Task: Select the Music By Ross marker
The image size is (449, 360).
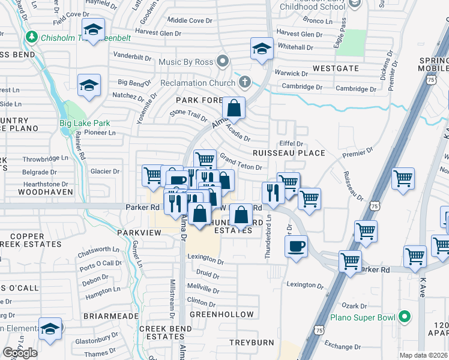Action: pyautogui.click(x=223, y=61)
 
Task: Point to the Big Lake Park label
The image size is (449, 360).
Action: pyautogui.click(x=85, y=123)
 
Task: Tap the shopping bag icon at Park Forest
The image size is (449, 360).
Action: pyautogui.click(x=234, y=109)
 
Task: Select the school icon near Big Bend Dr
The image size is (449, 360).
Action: pyautogui.click(x=89, y=85)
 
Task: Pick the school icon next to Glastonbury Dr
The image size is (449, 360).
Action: pyautogui.click(x=50, y=329)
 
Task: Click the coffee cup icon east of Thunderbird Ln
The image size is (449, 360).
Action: pyautogui.click(x=295, y=245)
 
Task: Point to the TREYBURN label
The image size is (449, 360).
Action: pyautogui.click(x=252, y=343)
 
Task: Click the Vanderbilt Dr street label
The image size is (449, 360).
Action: pyautogui.click(x=131, y=56)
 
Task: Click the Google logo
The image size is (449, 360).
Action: pyautogui.click(x=20, y=353)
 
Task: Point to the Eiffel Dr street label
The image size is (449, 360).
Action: pyautogui.click(x=292, y=143)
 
